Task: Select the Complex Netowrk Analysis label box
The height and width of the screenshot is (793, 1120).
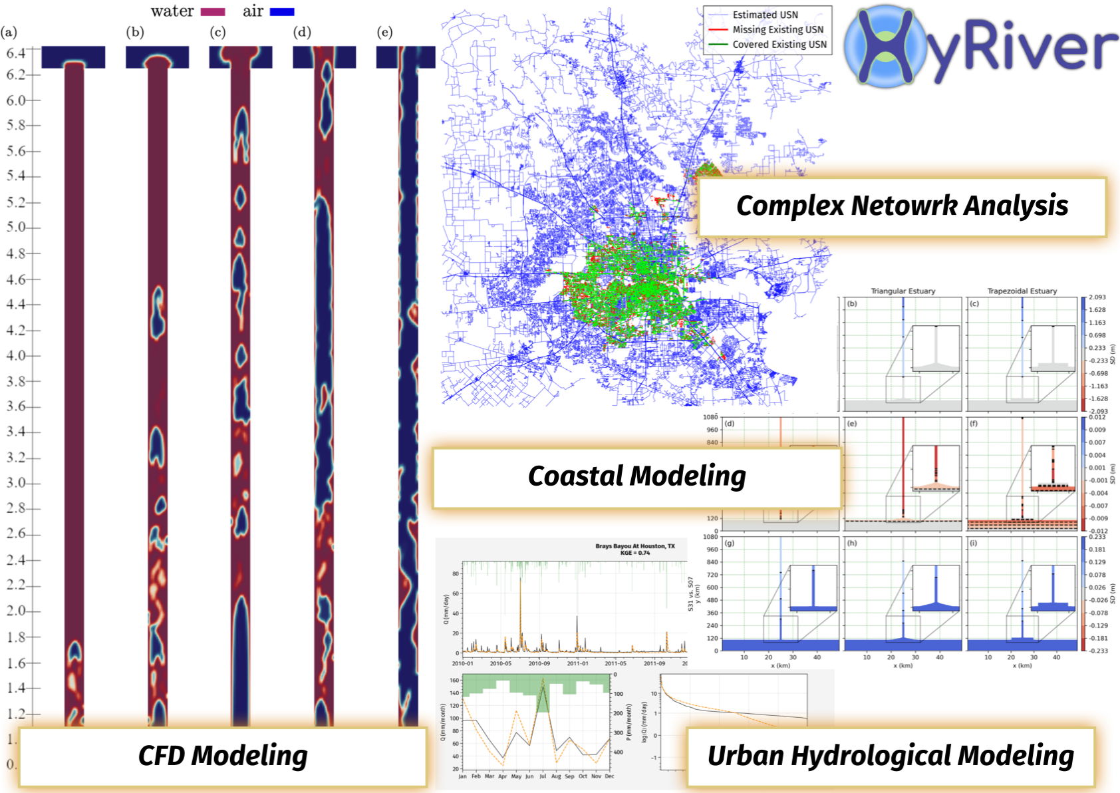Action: click(901, 206)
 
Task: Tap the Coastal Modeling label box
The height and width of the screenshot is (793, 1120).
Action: click(636, 477)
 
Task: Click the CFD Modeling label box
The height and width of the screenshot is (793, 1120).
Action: click(223, 756)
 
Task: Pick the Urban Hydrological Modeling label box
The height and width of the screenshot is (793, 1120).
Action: click(890, 756)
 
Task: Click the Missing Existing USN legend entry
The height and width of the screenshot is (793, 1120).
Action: click(777, 29)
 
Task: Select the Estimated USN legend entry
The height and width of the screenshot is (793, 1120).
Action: click(765, 15)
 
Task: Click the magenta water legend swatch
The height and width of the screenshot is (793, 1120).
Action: click(213, 11)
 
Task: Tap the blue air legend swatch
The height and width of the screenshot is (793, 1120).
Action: click(282, 11)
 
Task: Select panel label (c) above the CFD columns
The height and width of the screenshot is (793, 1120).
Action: click(217, 32)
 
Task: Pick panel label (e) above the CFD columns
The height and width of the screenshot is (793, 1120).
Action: click(384, 32)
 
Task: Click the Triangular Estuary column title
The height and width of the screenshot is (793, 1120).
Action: click(903, 291)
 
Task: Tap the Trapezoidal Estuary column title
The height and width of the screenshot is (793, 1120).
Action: click(1022, 291)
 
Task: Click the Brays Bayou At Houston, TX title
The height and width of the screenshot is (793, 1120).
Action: click(634, 546)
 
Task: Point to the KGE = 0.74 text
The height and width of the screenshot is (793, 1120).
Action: click(634, 553)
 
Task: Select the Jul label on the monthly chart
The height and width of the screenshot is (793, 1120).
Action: click(543, 776)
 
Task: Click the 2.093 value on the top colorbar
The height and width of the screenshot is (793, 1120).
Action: click(1097, 297)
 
